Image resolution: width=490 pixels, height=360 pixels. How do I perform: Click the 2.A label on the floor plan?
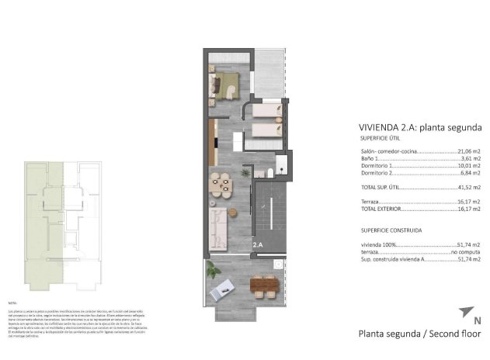[x=257, y=245]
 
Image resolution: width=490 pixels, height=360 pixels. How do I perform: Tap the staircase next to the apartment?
[x=269, y=209]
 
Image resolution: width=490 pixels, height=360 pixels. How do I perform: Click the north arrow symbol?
[x=464, y=312]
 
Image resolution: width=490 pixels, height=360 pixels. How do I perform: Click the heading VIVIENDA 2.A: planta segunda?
[x=420, y=127]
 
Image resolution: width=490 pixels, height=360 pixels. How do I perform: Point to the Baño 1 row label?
[x=371, y=158]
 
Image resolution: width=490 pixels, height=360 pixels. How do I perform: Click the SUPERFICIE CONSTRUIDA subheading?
[x=391, y=230]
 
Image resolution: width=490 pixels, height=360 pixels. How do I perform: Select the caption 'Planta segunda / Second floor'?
[x=420, y=335]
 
